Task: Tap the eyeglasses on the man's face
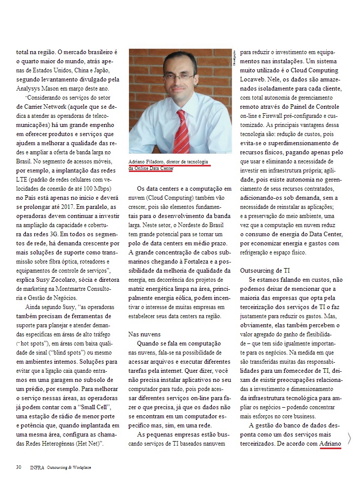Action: pyautogui.click(x=179, y=76)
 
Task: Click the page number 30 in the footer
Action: pyautogui.click(x=18, y=467)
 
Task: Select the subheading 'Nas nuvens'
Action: pyautogui.click(x=144, y=334)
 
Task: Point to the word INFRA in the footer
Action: pyautogui.click(x=37, y=467)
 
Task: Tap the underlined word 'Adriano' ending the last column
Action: pyautogui.click(x=331, y=444)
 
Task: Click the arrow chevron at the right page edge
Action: pyautogui.click(x=349, y=438)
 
